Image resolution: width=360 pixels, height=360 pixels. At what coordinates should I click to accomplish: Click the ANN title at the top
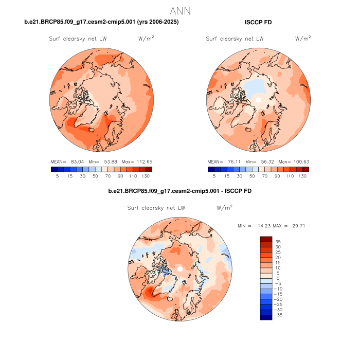pyautogui.click(x=180, y=11)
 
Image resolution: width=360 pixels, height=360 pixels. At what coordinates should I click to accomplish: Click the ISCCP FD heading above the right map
pyautogui.click(x=258, y=22)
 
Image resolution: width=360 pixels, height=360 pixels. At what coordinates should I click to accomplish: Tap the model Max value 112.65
pyautogui.click(x=143, y=161)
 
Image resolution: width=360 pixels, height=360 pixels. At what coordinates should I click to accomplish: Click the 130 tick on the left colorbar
pyautogui.click(x=146, y=176)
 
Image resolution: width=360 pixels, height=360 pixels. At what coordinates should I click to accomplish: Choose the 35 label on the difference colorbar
pyautogui.click(x=278, y=241)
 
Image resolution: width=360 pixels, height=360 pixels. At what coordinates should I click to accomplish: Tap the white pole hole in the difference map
pyautogui.click(x=179, y=269)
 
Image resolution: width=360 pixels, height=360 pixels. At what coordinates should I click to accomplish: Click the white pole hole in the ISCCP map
pyautogui.click(x=259, y=99)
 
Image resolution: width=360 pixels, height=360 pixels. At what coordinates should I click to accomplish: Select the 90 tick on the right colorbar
pyautogui.click(x=278, y=176)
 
